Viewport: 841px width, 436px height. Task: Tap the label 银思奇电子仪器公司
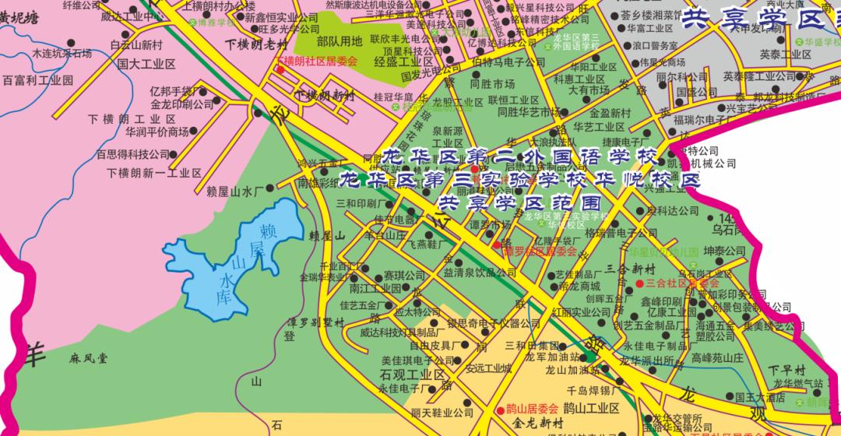tap(482, 324)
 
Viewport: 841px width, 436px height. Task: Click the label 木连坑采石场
tap(62, 54)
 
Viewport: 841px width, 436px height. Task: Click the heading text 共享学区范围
tap(521, 204)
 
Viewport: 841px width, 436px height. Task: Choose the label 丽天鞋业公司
tap(442, 413)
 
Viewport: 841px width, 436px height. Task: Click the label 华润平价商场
tap(157, 132)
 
